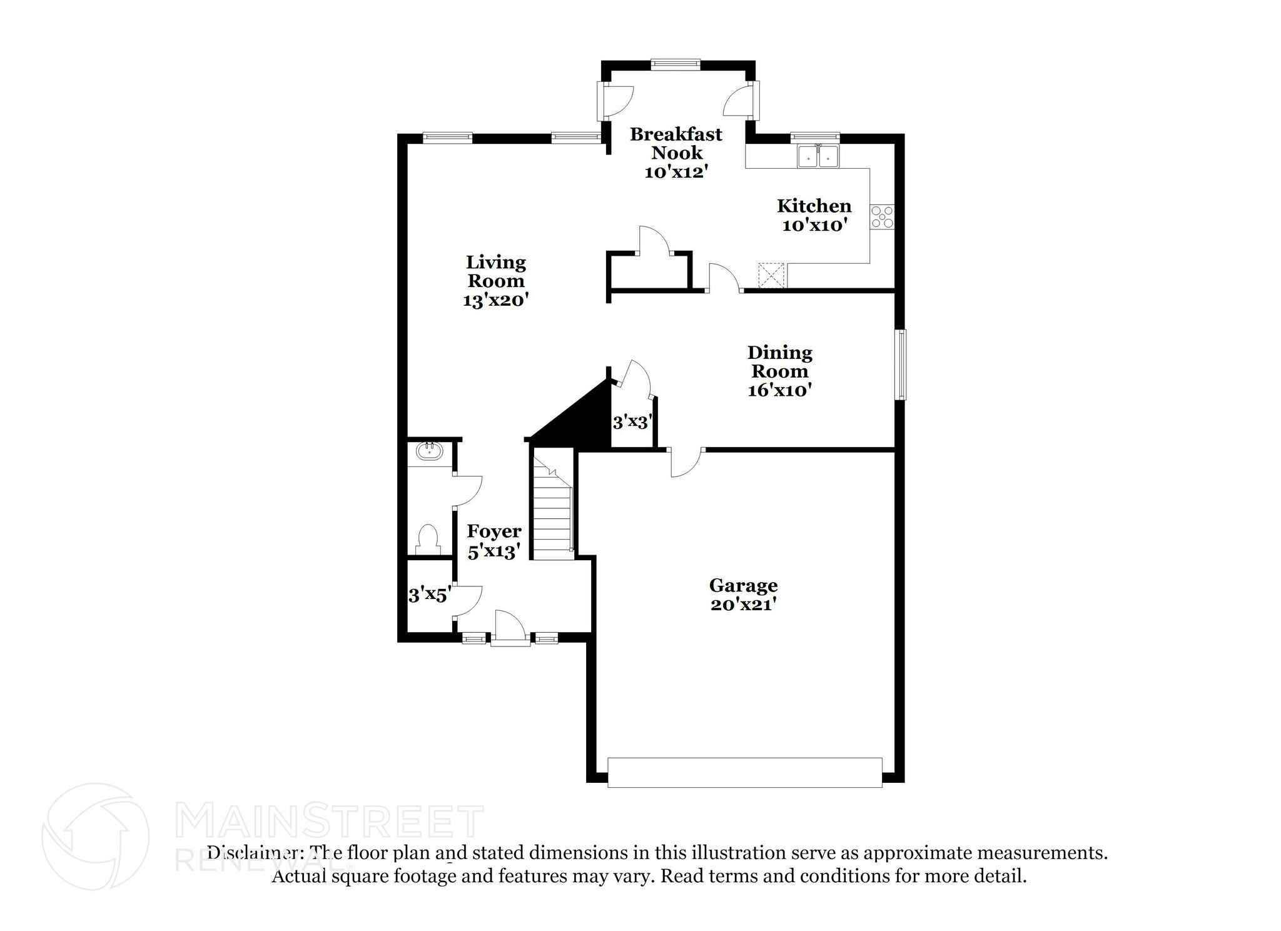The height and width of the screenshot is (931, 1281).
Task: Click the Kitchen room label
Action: [814, 206]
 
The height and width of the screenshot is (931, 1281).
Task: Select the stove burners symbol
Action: [883, 217]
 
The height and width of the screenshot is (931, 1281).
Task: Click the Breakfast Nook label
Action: [676, 143]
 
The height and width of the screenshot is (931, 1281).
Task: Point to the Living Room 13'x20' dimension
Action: [496, 301]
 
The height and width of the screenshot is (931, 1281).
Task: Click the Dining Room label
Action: [780, 362]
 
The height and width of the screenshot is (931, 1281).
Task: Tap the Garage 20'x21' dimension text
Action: [743, 605]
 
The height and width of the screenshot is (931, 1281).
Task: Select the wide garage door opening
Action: [744, 773]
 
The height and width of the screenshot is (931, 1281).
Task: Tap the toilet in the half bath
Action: [428, 539]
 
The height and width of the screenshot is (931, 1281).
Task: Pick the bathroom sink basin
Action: [429, 451]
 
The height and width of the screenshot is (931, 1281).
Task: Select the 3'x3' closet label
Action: [633, 423]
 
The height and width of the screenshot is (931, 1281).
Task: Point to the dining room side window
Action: [900, 365]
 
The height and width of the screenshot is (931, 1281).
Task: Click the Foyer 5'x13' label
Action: [494, 541]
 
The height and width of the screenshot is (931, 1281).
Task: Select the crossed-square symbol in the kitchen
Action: [771, 276]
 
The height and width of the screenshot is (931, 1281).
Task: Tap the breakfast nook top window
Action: [675, 63]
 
